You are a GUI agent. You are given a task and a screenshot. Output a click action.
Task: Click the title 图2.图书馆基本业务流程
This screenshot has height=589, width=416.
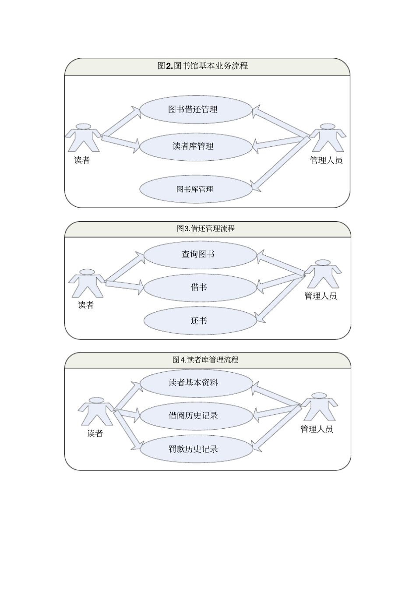(203, 66)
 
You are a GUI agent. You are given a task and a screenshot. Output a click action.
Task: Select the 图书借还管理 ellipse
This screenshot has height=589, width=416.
(196, 109)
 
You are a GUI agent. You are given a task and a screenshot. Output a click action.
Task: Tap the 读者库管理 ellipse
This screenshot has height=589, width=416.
(196, 146)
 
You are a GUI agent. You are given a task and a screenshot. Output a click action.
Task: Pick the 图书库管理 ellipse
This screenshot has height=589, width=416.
(196, 189)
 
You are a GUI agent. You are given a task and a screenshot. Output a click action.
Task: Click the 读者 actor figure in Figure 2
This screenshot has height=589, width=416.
(83, 138)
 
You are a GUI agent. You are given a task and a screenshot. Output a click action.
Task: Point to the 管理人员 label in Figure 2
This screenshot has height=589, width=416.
(326, 160)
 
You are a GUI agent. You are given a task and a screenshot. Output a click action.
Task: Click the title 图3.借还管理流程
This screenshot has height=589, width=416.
(206, 229)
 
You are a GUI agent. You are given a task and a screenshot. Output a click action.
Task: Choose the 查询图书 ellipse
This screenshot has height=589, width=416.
(200, 254)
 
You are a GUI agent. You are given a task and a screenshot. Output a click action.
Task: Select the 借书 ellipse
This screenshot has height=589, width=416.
(200, 287)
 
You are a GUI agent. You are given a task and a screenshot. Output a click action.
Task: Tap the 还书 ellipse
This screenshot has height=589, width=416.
(200, 321)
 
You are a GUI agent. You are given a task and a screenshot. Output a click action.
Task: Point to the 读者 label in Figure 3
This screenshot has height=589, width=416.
(86, 305)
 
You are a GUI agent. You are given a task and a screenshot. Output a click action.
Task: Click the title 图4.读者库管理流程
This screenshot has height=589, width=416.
(205, 360)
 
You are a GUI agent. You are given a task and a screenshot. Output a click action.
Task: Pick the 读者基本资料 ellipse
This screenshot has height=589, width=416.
(196, 383)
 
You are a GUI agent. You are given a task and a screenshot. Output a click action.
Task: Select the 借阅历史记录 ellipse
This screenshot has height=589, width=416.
(196, 416)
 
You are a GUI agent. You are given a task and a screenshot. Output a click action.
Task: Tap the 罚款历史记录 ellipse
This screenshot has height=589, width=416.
(196, 449)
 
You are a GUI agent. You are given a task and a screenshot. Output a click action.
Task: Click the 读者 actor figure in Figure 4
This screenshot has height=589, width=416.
(95, 411)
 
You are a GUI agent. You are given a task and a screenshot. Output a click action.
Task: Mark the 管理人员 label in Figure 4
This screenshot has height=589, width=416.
(317, 429)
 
